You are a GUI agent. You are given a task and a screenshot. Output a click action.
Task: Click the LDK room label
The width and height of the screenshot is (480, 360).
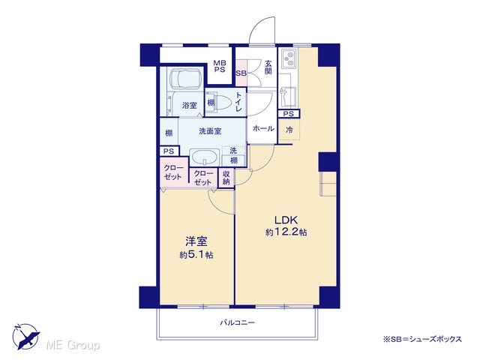(286, 220)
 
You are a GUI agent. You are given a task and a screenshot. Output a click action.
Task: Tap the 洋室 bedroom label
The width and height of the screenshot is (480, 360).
(196, 241)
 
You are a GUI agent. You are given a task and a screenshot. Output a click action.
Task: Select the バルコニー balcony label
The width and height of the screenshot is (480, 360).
(238, 322)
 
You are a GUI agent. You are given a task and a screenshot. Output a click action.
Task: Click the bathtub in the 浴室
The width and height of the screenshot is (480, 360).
(185, 79)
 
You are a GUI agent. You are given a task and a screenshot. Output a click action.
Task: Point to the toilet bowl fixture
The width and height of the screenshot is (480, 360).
(223, 103)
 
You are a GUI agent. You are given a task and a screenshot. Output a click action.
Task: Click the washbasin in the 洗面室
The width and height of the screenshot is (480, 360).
(205, 157)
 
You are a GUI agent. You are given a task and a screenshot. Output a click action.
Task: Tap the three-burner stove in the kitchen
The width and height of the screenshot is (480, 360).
(288, 59)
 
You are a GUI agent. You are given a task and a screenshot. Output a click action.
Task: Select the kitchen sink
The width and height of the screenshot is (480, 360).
(288, 96)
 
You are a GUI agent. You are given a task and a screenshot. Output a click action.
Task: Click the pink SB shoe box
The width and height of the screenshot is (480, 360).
(241, 73)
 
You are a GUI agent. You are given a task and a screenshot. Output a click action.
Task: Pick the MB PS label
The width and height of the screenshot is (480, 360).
(220, 67)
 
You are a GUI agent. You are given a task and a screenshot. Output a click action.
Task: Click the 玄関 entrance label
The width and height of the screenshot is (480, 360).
(268, 67)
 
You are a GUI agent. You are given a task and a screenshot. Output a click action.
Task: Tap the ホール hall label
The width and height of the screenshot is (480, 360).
(263, 128)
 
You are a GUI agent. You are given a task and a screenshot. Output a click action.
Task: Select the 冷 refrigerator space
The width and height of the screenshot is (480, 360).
(289, 130)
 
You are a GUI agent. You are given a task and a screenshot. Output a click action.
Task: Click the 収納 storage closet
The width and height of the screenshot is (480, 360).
(226, 178)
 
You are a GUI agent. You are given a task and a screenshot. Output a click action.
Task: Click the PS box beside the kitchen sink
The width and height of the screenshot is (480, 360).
(289, 114)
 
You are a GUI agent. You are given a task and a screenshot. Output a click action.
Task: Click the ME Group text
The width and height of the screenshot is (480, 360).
(73, 345)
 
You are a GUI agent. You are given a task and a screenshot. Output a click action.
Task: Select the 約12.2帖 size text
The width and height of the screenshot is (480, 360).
(286, 232)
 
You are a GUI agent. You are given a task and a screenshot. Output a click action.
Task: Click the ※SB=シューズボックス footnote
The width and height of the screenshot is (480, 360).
(422, 339)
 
